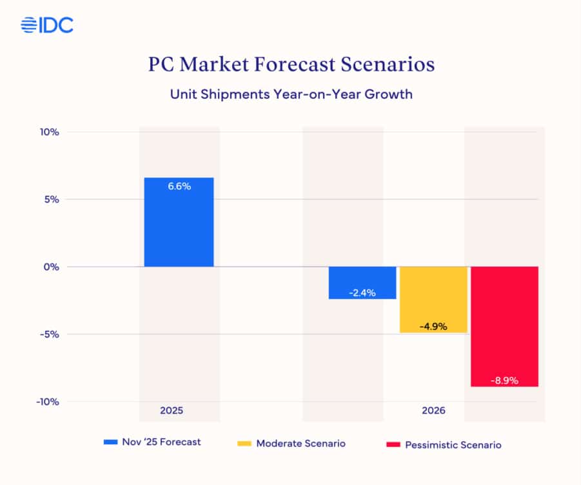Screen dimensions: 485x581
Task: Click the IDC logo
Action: tap(47, 25)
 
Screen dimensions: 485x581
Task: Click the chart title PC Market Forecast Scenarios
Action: tap(291, 65)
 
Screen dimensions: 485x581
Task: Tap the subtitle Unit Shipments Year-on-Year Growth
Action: tap(291, 94)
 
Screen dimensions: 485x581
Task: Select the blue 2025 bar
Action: tap(179, 222)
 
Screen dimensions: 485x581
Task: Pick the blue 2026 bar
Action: tap(362, 283)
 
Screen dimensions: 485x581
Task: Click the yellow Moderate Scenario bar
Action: tap(433, 300)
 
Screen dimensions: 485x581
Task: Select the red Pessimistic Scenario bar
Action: tap(504, 327)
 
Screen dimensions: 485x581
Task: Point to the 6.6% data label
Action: tap(179, 186)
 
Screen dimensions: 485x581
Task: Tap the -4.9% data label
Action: tap(433, 327)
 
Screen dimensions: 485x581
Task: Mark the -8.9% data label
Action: tap(504, 380)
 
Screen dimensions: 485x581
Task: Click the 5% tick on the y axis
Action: tap(52, 200)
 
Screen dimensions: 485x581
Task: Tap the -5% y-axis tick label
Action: tap(50, 335)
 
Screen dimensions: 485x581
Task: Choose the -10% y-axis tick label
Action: tap(48, 402)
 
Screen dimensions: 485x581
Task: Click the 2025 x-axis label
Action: tap(172, 411)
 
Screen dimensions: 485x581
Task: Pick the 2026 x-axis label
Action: tap(433, 411)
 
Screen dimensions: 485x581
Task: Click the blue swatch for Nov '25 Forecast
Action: tap(110, 442)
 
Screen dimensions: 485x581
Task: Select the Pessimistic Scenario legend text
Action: tap(453, 445)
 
